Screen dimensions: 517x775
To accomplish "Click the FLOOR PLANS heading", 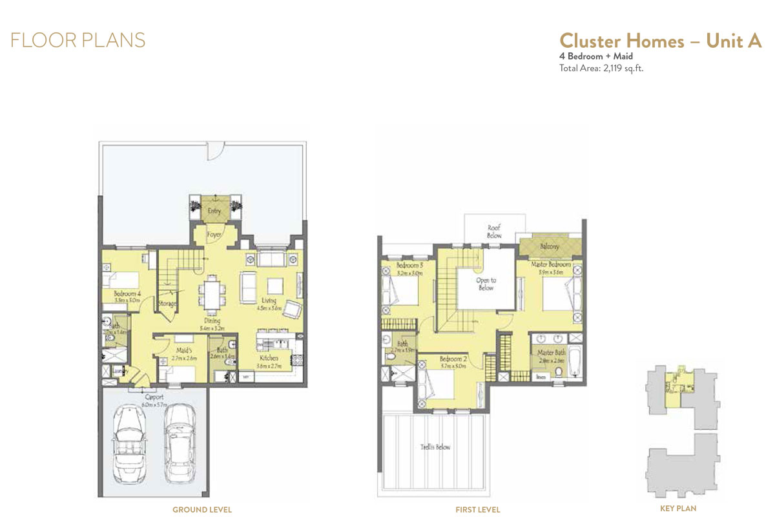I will [x=77, y=40].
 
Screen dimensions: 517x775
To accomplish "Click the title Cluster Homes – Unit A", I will [x=660, y=40].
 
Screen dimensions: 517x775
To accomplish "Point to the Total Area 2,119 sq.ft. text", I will [x=601, y=67].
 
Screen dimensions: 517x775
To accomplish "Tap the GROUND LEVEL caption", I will [x=201, y=510].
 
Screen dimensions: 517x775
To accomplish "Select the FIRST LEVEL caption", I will [x=477, y=510].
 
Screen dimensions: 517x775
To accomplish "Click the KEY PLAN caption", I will [x=678, y=509].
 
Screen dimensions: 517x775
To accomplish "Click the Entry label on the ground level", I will [x=214, y=211].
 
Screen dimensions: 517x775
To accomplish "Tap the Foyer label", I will [x=214, y=235].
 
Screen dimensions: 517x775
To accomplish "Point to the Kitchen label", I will [x=269, y=358].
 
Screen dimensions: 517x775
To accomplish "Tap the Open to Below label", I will [x=486, y=284].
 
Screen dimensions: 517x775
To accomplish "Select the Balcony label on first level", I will [x=550, y=246].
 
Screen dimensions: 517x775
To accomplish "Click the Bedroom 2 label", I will [x=452, y=359].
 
